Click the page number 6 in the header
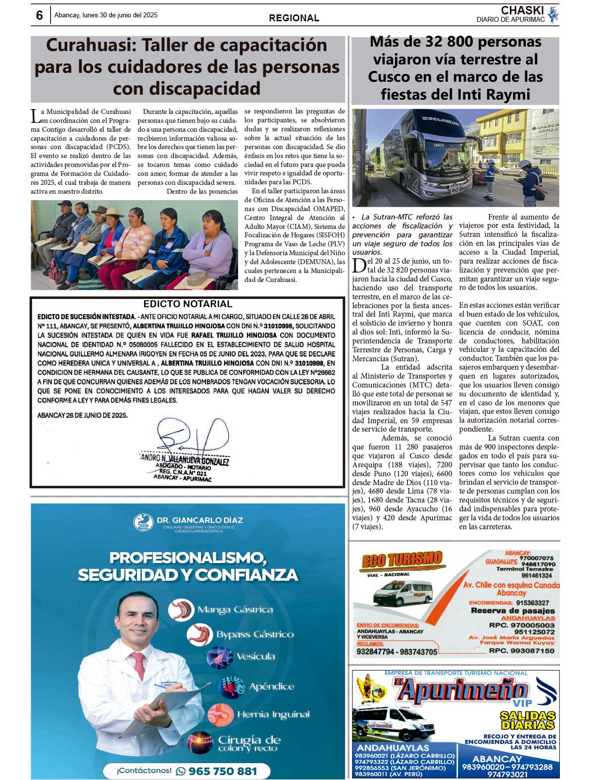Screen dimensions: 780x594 (x=40, y=15)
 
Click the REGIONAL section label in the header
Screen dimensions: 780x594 (x=294, y=18)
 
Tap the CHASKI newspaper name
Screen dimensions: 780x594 (x=522, y=10)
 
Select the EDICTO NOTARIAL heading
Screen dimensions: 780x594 (x=188, y=304)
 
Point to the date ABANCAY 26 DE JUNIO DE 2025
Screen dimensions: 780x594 (x=83, y=415)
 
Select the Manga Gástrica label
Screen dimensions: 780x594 (x=235, y=610)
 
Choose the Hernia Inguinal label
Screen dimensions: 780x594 (x=273, y=715)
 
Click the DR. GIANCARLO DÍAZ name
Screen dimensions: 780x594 (x=199, y=520)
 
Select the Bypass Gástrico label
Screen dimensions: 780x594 (x=255, y=634)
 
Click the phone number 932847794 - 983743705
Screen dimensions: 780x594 (x=397, y=652)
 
